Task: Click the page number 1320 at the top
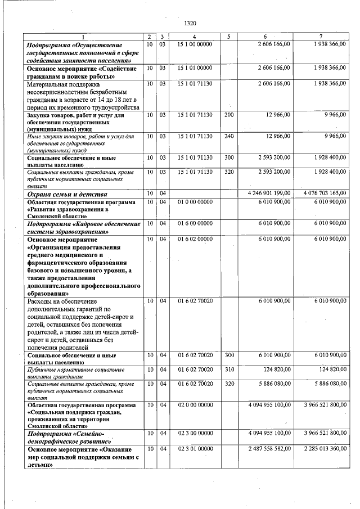(x=190, y=23)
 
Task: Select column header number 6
(x=265, y=37)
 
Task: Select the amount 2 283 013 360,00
(x=323, y=448)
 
